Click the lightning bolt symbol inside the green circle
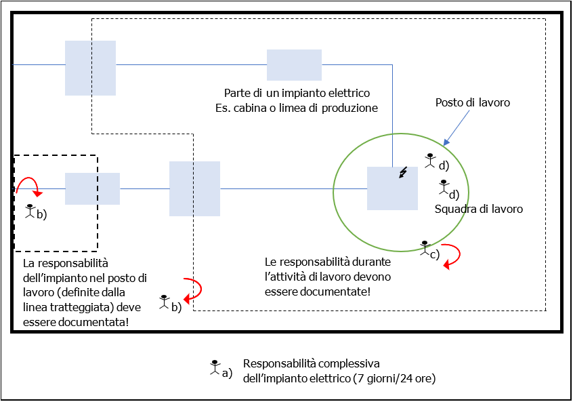click(x=404, y=173)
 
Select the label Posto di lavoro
click(x=471, y=103)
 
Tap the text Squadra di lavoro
click(x=478, y=209)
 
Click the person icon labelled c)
click(x=425, y=247)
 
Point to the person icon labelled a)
click(x=215, y=367)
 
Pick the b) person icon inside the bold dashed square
click(x=30, y=210)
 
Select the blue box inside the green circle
click(x=392, y=188)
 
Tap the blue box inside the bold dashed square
click(x=92, y=188)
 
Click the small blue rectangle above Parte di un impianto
click(x=294, y=65)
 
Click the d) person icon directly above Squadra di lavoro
click(x=444, y=184)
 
